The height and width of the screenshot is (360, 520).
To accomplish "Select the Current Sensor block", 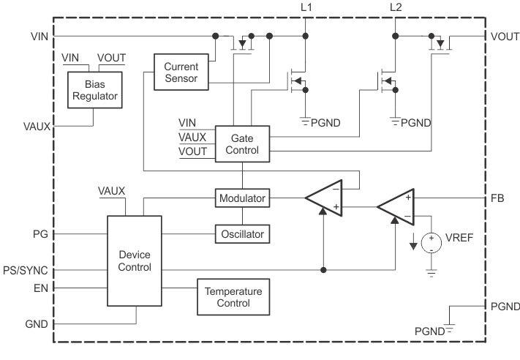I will pyautogui.click(x=181, y=72).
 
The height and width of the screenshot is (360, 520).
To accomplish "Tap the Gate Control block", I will pyautogui.click(x=241, y=143).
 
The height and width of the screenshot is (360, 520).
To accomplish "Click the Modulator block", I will pyautogui.click(x=241, y=198).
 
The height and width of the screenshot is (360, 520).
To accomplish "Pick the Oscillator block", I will pyautogui.click(x=241, y=235).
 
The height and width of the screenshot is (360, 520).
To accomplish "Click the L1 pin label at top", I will pyautogui.click(x=306, y=7).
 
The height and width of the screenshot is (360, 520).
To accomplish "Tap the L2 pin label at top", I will pyautogui.click(x=396, y=7).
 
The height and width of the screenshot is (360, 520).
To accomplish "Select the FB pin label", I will pyautogui.click(x=497, y=198).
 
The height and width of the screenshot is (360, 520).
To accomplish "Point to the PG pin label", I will pyautogui.click(x=41, y=235).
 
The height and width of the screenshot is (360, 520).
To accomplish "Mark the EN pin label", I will pyautogui.click(x=41, y=288).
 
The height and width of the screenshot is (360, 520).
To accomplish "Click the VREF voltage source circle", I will pyautogui.click(x=432, y=243).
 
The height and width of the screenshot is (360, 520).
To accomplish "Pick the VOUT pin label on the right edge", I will pyautogui.click(x=503, y=36).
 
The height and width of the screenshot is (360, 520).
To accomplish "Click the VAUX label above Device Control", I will pyautogui.click(x=112, y=191).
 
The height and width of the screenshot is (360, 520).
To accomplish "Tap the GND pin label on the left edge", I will pyautogui.click(x=38, y=323).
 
